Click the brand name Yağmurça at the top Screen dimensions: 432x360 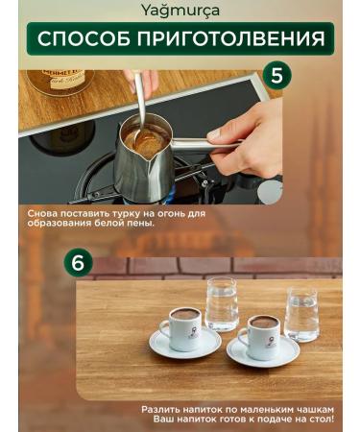click(180, 11)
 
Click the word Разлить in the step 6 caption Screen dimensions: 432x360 click(163, 408)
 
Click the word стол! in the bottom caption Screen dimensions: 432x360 click(315, 419)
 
